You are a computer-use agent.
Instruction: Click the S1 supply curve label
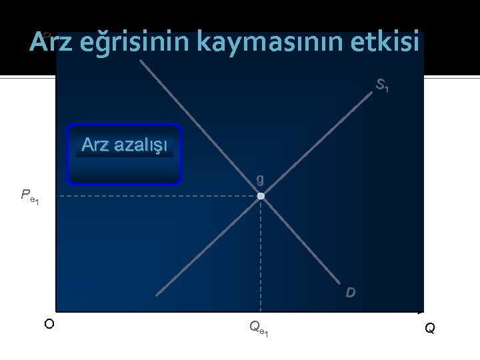[x=382, y=85]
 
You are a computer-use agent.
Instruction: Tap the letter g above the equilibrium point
[x=259, y=179]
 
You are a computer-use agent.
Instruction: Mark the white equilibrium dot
[x=261, y=196]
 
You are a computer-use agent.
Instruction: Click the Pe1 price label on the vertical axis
[x=30, y=196]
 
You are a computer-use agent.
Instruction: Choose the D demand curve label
[x=350, y=293]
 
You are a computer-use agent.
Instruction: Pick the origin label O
[x=49, y=324]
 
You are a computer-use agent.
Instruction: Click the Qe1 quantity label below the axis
[x=259, y=327]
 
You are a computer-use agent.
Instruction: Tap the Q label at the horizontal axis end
[x=430, y=328]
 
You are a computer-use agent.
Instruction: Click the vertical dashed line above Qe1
[x=261, y=253]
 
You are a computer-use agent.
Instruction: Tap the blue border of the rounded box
[x=125, y=125]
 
